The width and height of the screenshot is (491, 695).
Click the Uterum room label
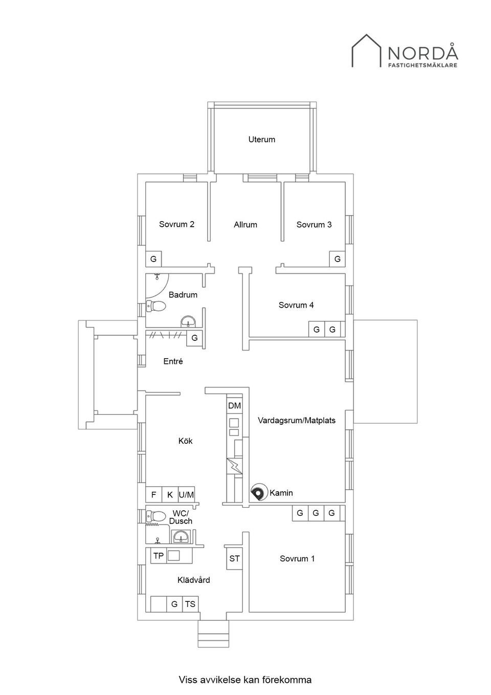pos(262,139)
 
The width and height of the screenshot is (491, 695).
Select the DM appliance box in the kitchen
pos(234,405)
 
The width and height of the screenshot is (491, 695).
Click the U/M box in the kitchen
pos(186,494)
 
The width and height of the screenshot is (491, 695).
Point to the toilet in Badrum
pos(155,306)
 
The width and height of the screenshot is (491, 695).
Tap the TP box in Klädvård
pos(159,556)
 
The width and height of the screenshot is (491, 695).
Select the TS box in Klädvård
pos(190,604)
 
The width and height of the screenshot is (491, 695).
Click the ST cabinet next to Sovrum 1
pos(234,558)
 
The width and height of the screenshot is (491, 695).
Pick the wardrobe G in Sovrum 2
pos(153,259)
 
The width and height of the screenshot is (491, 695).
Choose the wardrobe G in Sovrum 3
pos(337,259)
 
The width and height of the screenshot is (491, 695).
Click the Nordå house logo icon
pos(366,51)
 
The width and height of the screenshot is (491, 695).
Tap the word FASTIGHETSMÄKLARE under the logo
pos(423,66)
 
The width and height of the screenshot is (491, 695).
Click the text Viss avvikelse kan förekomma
pos(245,660)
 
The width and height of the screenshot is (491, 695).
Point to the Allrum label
pos(245,225)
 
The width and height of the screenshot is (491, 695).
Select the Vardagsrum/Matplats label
pos(297,421)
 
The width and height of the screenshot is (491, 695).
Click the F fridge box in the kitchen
pos(154,494)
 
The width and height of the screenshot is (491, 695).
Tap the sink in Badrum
pos(188,321)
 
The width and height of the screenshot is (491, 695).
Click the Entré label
pos(173,361)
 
